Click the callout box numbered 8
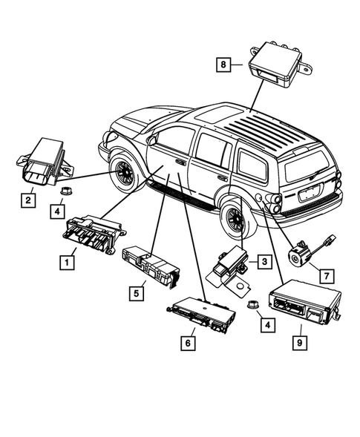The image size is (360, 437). [223, 65]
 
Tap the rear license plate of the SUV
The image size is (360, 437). [309, 194]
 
